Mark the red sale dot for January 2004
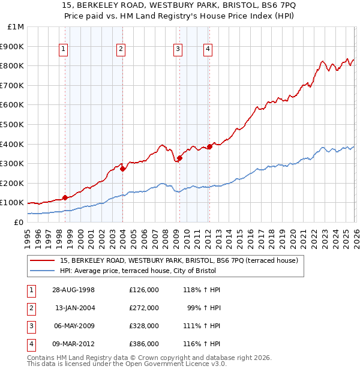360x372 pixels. coord(122,169)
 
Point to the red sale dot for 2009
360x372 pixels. coord(179,158)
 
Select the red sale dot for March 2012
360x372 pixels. coord(209,146)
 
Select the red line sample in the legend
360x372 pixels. coord(43,260)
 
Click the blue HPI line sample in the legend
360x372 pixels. coord(43,271)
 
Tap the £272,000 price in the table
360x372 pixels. coord(143,308)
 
